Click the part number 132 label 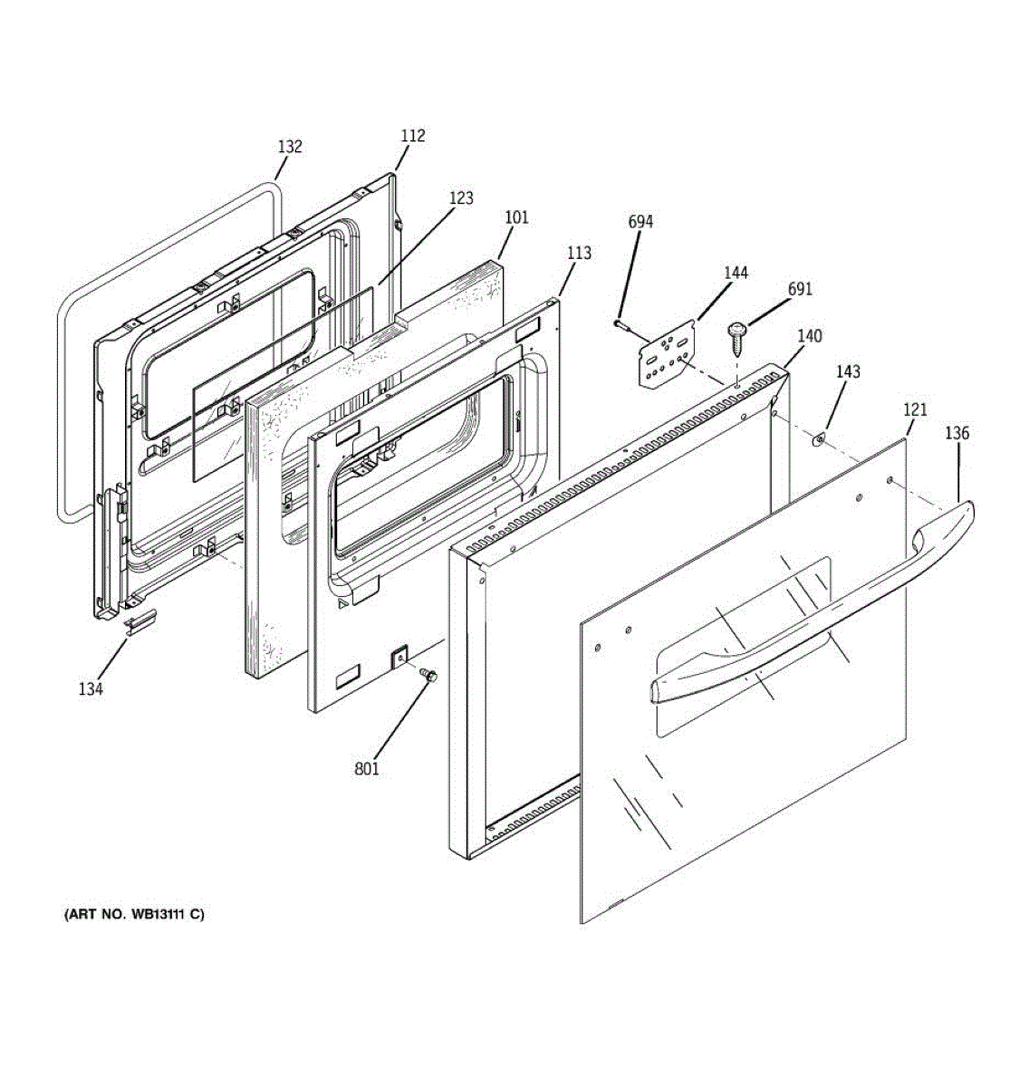(290, 147)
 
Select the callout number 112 (412, 136)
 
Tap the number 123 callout (461, 198)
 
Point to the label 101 (516, 217)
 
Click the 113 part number (579, 254)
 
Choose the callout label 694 (639, 222)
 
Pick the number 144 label (735, 273)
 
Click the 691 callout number (800, 290)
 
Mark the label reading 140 (809, 336)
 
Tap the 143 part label (848, 372)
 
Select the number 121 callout (915, 410)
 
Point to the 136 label (957, 433)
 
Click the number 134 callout (91, 689)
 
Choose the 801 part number (367, 769)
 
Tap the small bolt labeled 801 (429, 675)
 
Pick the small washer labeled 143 (818, 440)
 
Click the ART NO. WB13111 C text (134, 915)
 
